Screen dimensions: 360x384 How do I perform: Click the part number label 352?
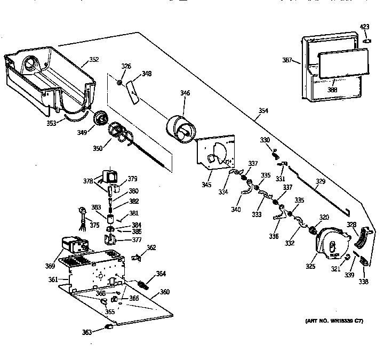coord(93,60)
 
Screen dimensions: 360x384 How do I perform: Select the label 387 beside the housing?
coord(287,61)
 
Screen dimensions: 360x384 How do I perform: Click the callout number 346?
coord(185,93)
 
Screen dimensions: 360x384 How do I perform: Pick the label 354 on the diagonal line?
coord(263,111)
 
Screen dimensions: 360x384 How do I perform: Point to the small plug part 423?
coord(366,40)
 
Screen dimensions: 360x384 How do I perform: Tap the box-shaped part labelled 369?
coord(74,246)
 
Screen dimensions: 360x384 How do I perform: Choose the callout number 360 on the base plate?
coord(164,292)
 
